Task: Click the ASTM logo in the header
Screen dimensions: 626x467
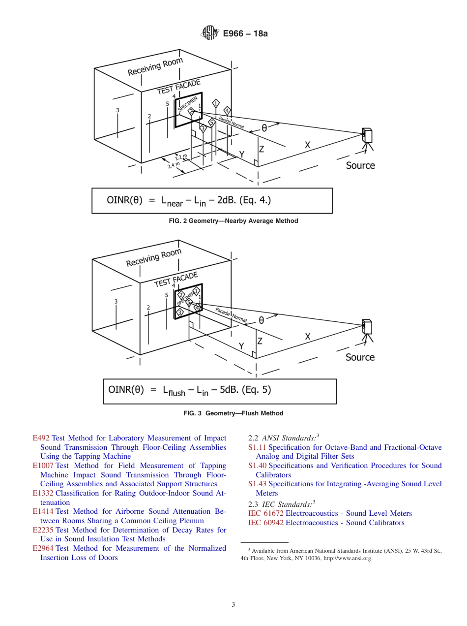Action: (209, 33)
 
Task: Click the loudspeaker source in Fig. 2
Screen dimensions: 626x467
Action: (367, 136)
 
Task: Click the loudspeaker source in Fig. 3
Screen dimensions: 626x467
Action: (367, 327)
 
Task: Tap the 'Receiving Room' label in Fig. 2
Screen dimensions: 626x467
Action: (155, 67)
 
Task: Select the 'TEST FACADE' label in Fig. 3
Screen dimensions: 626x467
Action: (176, 279)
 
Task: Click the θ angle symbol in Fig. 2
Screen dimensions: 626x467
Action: (264, 127)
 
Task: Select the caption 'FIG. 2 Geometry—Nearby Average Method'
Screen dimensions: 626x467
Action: (233, 221)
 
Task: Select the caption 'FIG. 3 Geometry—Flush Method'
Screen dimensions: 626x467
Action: (233, 413)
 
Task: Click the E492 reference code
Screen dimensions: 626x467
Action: (41, 438)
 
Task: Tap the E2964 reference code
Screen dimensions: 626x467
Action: (43, 548)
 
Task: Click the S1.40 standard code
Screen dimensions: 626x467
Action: (258, 466)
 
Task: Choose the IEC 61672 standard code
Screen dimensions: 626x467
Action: (266, 513)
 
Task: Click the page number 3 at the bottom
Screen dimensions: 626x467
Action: (233, 604)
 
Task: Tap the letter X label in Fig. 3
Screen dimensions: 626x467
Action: (308, 337)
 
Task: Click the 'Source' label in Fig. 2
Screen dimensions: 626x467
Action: (360, 165)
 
